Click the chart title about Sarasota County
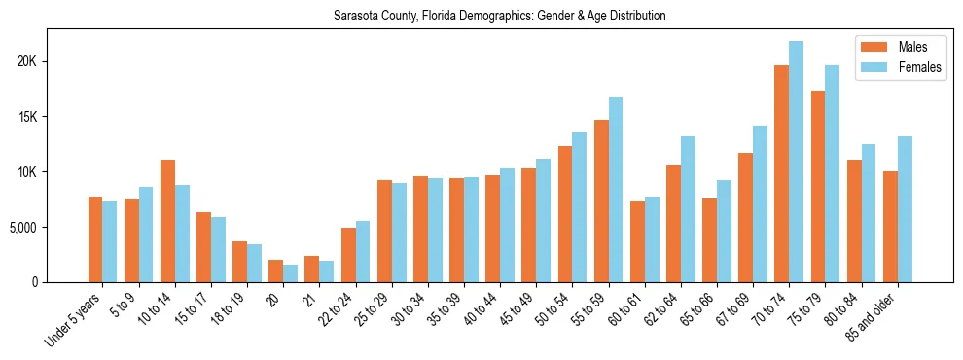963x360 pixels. tap(499, 17)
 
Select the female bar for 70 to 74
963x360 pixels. tap(797, 162)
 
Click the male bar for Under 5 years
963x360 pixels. tap(95, 239)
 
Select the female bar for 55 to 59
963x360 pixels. tap(616, 190)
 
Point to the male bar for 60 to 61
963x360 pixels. tap(637, 242)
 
